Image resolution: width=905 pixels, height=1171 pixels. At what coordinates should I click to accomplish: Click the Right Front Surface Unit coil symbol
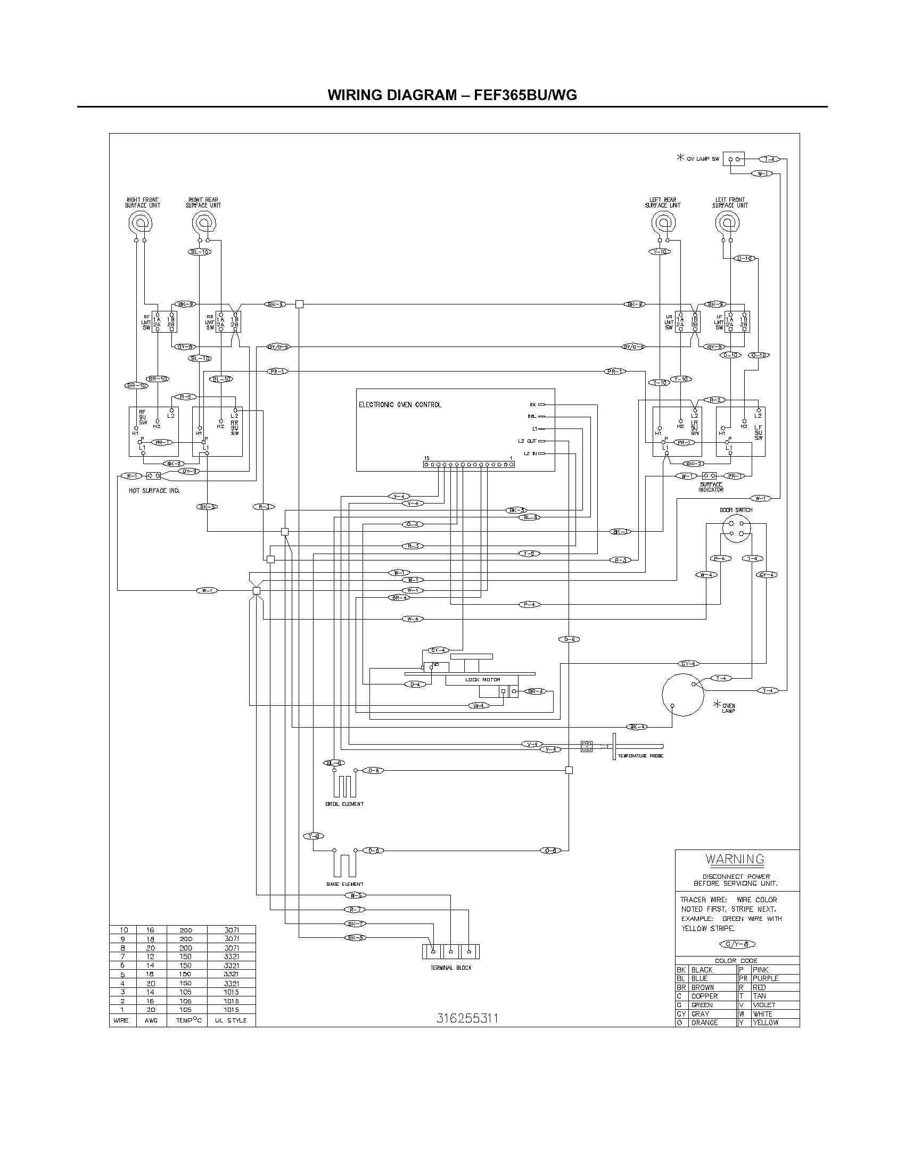(141, 222)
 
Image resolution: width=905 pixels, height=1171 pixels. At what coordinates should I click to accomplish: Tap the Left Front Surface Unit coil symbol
(728, 222)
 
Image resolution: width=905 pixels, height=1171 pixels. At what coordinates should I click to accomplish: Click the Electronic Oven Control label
(399, 405)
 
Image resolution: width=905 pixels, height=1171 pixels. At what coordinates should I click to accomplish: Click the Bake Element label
(345, 884)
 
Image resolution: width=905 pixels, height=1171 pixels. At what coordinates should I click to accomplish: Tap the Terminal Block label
(451, 968)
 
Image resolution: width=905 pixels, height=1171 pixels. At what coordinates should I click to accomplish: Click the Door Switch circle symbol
(736, 529)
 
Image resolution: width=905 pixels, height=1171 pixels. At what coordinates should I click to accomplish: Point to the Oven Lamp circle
(682, 694)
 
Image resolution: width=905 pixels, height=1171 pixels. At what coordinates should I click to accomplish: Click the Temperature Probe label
(640, 755)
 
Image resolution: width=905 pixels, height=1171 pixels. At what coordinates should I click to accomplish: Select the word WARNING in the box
(735, 859)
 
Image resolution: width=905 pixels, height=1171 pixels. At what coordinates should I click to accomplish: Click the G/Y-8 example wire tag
(739, 944)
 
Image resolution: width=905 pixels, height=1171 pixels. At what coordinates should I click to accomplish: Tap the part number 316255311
(467, 1018)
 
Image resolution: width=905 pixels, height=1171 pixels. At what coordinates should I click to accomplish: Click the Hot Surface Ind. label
(154, 491)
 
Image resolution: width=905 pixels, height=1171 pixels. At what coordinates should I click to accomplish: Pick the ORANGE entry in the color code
(704, 1022)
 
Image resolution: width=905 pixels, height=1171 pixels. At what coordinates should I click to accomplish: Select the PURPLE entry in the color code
(765, 978)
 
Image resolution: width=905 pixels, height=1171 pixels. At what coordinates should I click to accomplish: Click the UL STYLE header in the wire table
(231, 1020)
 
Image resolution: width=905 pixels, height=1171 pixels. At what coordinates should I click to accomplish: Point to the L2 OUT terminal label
(526, 441)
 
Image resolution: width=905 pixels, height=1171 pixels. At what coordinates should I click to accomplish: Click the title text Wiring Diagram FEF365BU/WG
(452, 95)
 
